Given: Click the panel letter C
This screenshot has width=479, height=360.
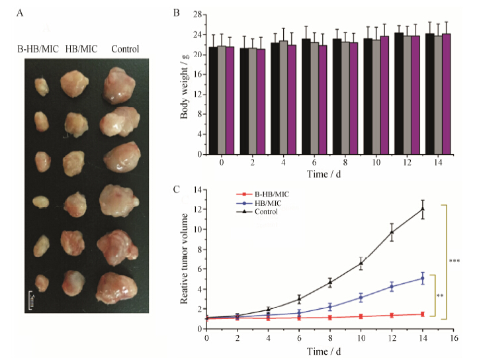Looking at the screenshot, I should click(x=176, y=190).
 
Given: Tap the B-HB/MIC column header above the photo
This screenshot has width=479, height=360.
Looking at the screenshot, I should click(x=37, y=48).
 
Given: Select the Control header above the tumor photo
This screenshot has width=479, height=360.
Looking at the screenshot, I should click(x=124, y=48).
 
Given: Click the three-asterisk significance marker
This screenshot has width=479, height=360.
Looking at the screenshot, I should click(x=454, y=261).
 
